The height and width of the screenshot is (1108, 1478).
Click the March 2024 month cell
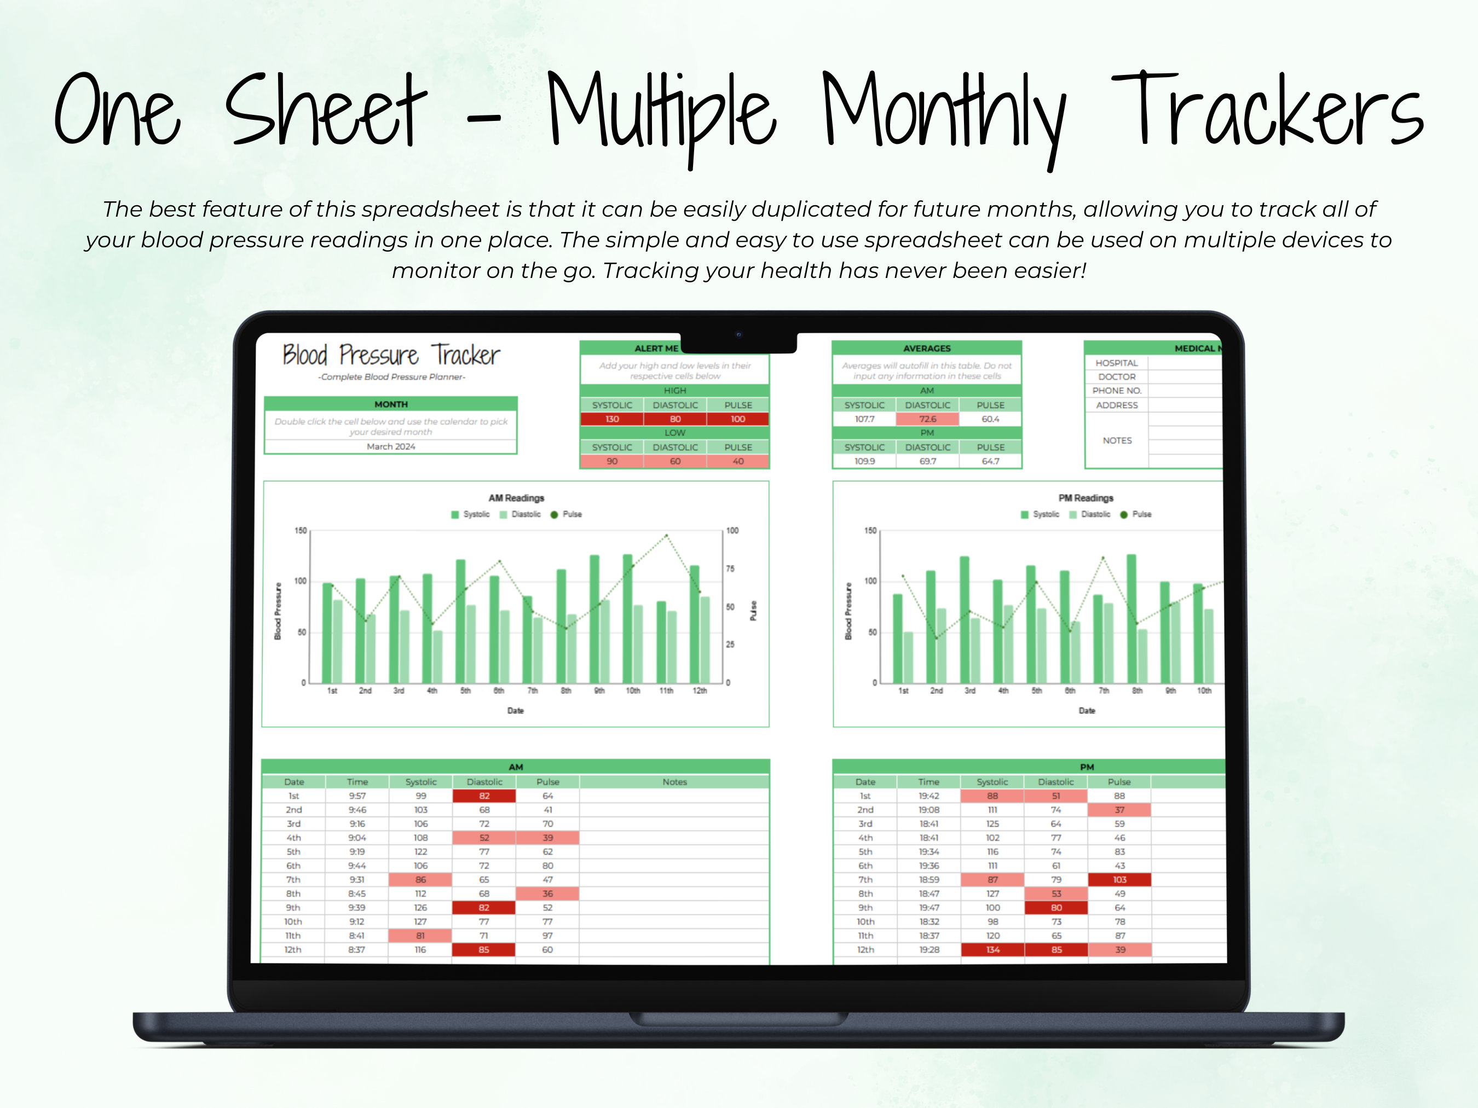point(390,446)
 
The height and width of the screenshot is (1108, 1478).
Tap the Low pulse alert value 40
point(738,461)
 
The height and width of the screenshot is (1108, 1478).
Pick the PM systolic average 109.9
point(864,461)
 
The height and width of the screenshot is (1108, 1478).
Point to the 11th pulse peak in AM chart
point(666,536)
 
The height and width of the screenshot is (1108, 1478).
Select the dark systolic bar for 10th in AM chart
point(628,618)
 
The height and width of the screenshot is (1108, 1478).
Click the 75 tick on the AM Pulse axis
point(730,569)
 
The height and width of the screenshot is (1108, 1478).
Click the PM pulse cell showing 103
point(1119,880)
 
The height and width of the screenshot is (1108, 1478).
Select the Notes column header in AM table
point(674,782)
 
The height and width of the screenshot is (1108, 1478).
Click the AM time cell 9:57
point(357,796)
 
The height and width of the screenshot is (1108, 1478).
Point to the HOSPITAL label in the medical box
point(1117,363)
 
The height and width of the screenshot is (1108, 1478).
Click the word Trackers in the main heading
point(1267,110)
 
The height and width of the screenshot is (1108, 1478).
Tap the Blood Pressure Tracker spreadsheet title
point(391,355)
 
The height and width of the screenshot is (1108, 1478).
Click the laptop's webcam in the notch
point(738,335)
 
